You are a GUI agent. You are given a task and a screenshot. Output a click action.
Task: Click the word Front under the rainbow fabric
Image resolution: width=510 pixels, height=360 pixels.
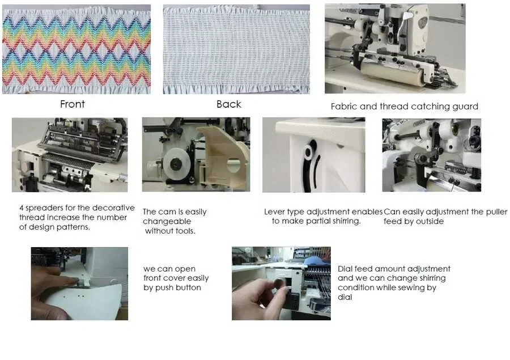[72, 104]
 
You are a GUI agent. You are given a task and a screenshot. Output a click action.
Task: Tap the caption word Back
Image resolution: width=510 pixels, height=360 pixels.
[229, 104]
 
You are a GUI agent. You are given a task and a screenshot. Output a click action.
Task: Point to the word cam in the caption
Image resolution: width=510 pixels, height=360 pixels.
[166, 212]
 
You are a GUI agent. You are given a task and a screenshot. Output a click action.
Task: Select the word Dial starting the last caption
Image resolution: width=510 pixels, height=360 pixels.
[345, 269]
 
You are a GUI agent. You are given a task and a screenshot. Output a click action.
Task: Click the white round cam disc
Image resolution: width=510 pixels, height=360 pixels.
[176, 164]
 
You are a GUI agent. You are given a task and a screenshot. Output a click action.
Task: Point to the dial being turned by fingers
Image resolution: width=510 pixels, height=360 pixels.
[280, 282]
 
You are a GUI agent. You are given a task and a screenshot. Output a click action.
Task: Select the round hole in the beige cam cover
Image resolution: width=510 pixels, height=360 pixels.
[234, 166]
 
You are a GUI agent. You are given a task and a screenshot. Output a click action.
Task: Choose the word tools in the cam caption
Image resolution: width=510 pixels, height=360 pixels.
[185, 231]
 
